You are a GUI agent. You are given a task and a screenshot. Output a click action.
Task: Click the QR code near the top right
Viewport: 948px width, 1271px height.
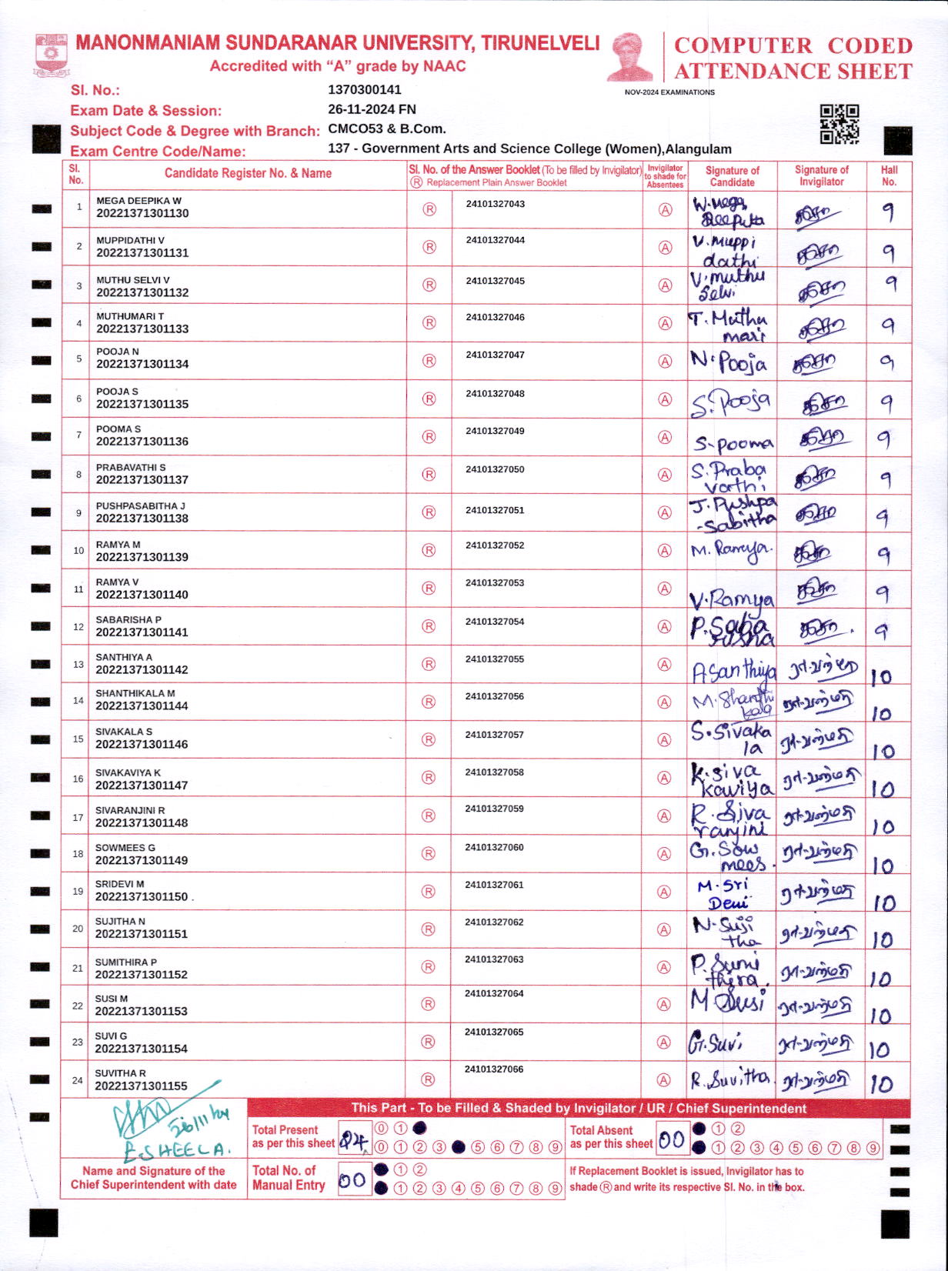tap(839, 124)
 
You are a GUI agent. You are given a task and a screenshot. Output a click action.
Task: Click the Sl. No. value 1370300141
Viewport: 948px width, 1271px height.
tap(365, 89)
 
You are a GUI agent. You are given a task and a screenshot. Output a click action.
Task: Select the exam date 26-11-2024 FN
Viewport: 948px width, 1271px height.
tap(372, 109)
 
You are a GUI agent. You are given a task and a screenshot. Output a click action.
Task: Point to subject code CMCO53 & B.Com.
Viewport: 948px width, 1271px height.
tap(387, 128)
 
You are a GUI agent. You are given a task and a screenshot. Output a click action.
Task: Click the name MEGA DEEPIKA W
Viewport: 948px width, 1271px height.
tap(139, 201)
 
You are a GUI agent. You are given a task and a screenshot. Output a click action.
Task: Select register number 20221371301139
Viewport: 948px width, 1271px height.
tap(142, 557)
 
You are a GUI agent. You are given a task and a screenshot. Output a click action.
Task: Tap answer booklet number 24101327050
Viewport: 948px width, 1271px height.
tap(495, 469)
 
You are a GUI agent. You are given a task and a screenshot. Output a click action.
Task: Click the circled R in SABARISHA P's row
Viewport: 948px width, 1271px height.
tap(429, 626)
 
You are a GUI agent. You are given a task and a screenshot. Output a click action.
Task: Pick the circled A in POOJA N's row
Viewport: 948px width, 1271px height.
tap(665, 361)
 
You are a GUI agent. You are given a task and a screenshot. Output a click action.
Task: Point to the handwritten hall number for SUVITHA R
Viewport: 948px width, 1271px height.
tap(881, 1083)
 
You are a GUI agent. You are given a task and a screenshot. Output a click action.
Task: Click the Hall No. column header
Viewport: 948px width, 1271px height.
tap(889, 175)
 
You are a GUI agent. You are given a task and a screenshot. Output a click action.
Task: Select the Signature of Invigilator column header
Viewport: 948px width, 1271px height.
tap(821, 175)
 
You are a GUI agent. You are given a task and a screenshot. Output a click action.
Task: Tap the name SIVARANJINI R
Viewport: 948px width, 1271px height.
tap(130, 810)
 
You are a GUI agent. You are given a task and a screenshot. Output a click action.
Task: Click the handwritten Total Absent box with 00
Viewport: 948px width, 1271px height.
tap(672, 1139)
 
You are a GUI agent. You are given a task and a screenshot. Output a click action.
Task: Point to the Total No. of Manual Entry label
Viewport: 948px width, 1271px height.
tap(289, 1178)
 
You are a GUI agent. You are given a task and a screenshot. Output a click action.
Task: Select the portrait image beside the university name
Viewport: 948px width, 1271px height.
tap(629, 55)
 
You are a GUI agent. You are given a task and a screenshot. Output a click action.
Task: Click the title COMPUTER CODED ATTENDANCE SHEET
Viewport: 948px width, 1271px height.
tap(793, 58)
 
